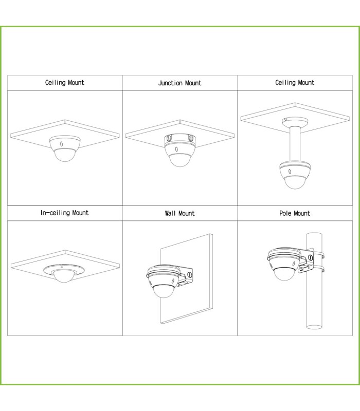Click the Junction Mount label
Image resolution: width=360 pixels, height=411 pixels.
[x=179, y=83]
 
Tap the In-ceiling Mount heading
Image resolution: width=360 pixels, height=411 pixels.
[x=65, y=213]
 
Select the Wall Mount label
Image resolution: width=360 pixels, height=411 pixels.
[x=179, y=213]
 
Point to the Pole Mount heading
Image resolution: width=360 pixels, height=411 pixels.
[x=294, y=213]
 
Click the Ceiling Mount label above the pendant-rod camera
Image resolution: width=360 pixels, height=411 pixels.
[x=295, y=83]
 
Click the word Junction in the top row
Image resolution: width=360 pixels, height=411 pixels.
[x=170, y=83]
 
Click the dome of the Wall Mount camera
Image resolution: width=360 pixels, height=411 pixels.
[x=163, y=291]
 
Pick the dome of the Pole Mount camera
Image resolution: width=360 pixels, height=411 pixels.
[x=284, y=274]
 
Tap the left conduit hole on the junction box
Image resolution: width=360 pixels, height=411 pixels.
[x=169, y=137]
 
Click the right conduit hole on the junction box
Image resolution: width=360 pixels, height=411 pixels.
[x=191, y=137]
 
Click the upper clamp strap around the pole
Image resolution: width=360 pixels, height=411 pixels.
[x=318, y=255]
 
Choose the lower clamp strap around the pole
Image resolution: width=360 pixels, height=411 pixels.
[x=318, y=269]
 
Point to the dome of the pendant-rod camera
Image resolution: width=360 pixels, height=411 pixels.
[x=295, y=182]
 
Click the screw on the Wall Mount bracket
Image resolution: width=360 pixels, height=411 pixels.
[x=189, y=275]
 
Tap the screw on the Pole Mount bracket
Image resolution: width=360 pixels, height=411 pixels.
[x=310, y=258]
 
